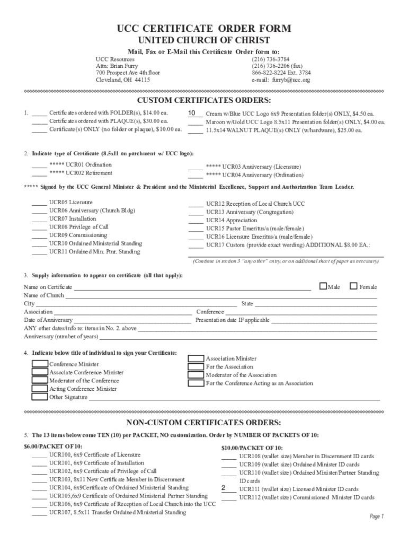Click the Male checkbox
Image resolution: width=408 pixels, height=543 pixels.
(x=323, y=286)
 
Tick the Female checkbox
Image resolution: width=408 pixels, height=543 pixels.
(x=354, y=286)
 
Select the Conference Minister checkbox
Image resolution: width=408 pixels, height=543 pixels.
(x=40, y=364)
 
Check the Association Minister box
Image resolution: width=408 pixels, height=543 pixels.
(x=196, y=358)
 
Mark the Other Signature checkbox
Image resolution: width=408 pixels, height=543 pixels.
(x=40, y=397)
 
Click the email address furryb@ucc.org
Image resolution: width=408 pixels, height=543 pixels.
(x=281, y=80)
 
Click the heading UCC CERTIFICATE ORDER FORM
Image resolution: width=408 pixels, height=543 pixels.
(x=204, y=29)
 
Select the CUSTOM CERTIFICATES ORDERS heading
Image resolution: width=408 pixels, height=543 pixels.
(x=204, y=101)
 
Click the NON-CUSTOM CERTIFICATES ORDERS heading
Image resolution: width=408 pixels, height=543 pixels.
(x=204, y=423)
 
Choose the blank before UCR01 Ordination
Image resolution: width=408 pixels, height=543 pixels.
(x=39, y=165)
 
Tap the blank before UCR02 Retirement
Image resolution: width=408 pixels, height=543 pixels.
(x=39, y=173)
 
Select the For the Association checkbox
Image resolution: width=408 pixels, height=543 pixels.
(x=196, y=366)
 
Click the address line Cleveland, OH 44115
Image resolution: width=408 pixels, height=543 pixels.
(x=122, y=80)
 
